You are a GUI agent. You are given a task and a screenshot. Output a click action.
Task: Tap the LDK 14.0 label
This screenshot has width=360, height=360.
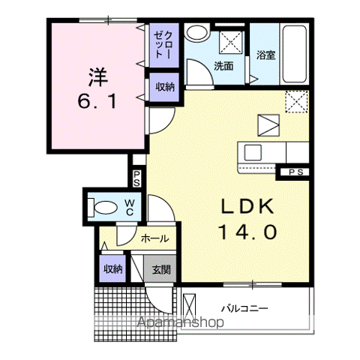(247, 220)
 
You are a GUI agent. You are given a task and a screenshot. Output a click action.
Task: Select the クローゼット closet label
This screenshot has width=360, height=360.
(163, 45)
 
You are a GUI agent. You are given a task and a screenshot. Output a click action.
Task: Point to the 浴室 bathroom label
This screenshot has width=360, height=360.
(266, 55)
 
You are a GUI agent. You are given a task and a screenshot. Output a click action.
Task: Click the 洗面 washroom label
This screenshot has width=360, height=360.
(223, 66)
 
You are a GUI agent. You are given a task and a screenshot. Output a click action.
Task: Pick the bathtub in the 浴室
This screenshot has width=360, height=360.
(295, 54)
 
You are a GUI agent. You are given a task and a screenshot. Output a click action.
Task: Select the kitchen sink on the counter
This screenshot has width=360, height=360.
(253, 152)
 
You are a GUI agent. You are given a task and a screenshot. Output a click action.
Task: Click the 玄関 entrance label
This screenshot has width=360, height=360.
(161, 269)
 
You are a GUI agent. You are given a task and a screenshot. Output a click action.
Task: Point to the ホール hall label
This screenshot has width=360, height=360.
(155, 238)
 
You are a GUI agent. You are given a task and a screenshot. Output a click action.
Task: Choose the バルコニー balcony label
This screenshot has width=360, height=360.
(244, 308)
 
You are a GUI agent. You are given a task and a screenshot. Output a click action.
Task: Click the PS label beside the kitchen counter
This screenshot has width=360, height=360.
(296, 172)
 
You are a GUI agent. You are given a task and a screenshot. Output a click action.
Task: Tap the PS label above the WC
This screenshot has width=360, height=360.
(136, 178)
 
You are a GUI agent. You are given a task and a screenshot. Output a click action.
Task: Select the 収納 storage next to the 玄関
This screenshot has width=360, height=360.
(113, 269)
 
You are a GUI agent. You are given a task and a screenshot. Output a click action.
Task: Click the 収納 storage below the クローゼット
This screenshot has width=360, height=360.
(165, 87)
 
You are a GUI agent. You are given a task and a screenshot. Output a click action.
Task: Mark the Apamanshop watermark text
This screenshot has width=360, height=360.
(181, 322)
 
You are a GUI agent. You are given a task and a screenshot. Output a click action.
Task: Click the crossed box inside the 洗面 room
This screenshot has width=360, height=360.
(231, 42)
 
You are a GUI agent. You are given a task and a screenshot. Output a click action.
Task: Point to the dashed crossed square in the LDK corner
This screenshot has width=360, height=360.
(296, 101)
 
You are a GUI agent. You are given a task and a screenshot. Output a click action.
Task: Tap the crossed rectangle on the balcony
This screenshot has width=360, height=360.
(190, 306)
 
